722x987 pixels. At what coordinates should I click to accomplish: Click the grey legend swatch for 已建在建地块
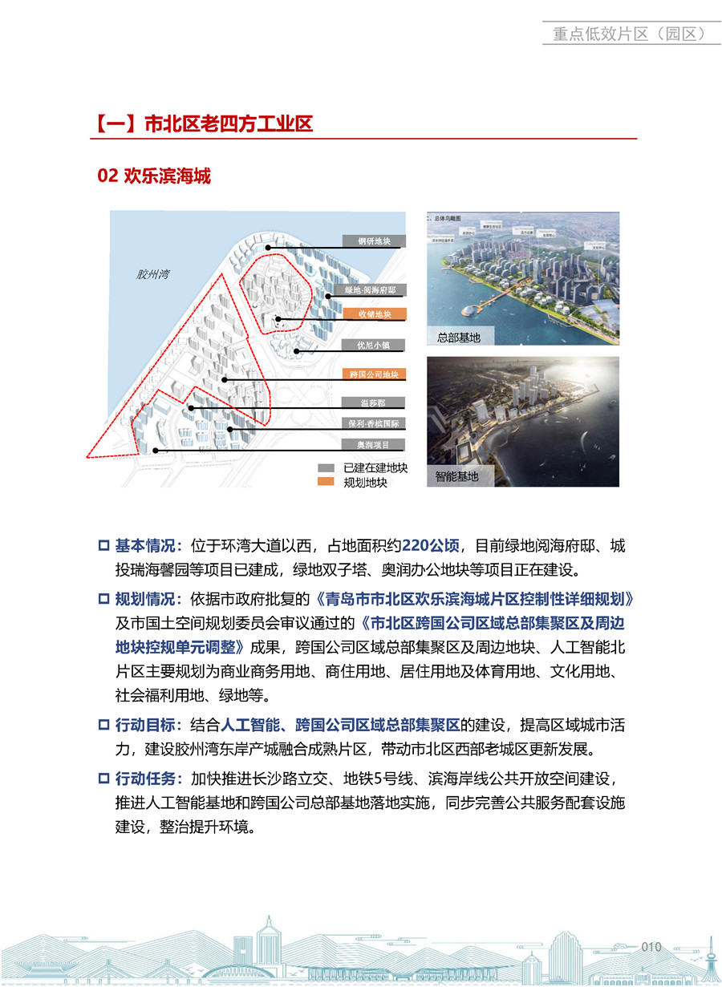click(x=326, y=467)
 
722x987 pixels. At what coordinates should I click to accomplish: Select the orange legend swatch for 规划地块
click(x=326, y=482)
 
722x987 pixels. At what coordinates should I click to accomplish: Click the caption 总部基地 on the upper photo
click(x=459, y=338)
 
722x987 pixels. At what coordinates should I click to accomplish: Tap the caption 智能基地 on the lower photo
click(x=457, y=476)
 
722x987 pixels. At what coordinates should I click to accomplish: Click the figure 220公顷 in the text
click(x=431, y=547)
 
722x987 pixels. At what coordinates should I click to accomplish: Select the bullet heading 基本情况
click(x=148, y=547)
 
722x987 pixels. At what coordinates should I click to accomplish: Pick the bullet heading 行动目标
click(x=148, y=726)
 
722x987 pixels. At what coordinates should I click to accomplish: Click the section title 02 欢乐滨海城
click(x=153, y=176)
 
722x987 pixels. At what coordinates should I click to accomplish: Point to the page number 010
click(x=651, y=947)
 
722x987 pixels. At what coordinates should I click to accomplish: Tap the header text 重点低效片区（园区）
click(x=628, y=34)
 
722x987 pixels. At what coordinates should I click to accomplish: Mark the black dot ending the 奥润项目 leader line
click(x=155, y=451)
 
